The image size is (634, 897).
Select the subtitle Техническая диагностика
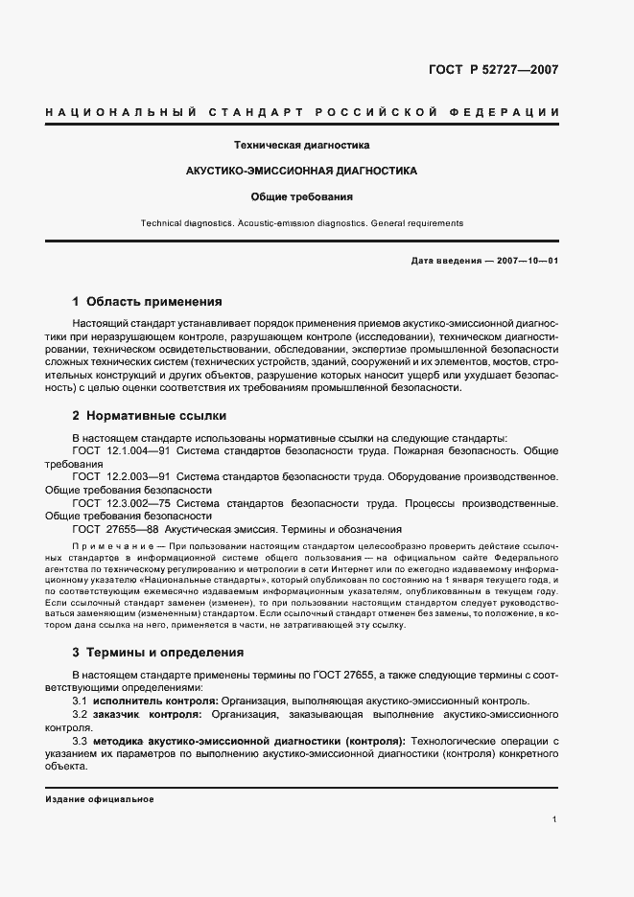tap(302, 146)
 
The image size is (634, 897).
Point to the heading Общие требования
tap(302, 197)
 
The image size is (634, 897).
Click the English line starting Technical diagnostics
tap(301, 223)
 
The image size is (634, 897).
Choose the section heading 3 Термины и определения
tap(157, 652)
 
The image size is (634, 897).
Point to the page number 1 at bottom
tap(555, 819)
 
